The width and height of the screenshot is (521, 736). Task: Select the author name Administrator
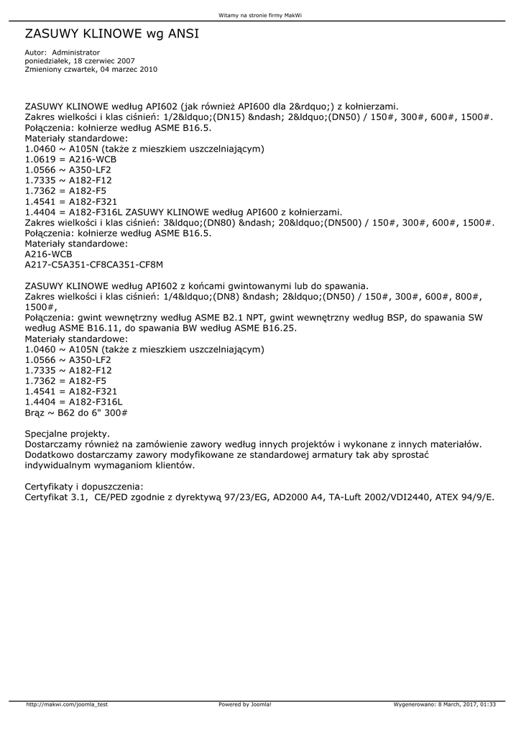(76, 52)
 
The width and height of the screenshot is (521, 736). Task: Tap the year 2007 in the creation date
(121, 61)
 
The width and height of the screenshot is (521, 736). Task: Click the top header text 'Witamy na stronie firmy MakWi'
(260, 15)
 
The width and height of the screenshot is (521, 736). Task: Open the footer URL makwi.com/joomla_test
(67, 704)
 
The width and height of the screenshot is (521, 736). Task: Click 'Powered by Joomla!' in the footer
(245, 704)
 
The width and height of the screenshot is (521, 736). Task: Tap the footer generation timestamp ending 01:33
(445, 704)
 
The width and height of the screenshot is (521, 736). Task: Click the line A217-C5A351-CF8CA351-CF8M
(94, 264)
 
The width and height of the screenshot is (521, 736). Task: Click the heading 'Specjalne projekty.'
(68, 434)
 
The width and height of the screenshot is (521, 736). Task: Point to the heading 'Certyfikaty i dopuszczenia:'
(84, 487)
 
